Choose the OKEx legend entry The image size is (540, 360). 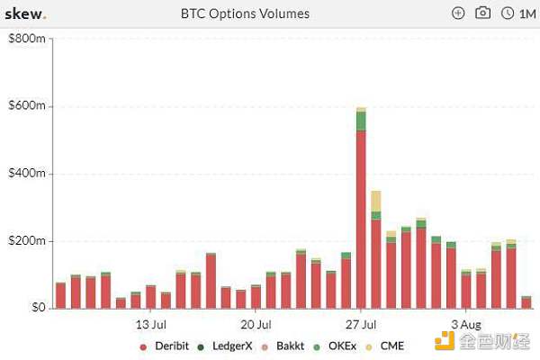343,346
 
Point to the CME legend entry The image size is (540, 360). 391,346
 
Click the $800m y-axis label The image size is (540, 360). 26,40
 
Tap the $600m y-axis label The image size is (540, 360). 26,106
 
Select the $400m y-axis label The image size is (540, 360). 26,174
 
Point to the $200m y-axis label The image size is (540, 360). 26,241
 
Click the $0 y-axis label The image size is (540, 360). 35,308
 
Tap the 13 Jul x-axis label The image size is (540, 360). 150,324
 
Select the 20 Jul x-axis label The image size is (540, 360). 256,324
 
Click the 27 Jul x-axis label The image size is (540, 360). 361,324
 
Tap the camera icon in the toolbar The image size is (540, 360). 482,13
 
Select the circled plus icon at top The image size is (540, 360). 458,13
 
